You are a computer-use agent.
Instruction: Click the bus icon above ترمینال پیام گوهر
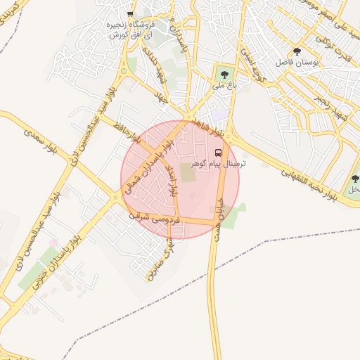[218, 153]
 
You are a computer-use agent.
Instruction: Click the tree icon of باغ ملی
[224, 73]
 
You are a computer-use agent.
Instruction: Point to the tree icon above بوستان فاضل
[297, 51]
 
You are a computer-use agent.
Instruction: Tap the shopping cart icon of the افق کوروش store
[130, 14]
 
